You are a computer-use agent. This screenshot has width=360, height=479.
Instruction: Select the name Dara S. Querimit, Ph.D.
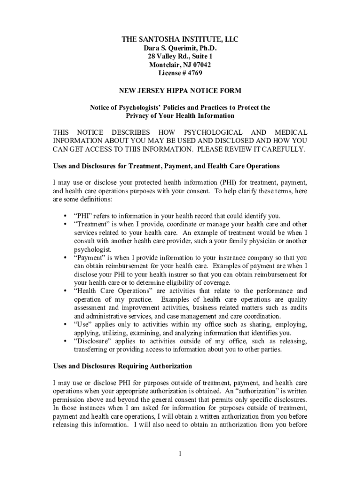click(x=180, y=48)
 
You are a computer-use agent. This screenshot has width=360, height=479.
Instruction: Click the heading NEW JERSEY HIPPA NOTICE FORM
click(x=180, y=90)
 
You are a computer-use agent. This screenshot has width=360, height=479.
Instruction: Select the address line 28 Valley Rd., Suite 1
click(x=180, y=57)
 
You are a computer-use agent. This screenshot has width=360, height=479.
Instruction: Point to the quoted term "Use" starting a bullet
click(x=82, y=325)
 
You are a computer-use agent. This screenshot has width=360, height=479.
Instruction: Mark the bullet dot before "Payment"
click(x=64, y=258)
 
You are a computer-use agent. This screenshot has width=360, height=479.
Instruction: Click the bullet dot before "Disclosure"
click(x=64, y=341)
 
